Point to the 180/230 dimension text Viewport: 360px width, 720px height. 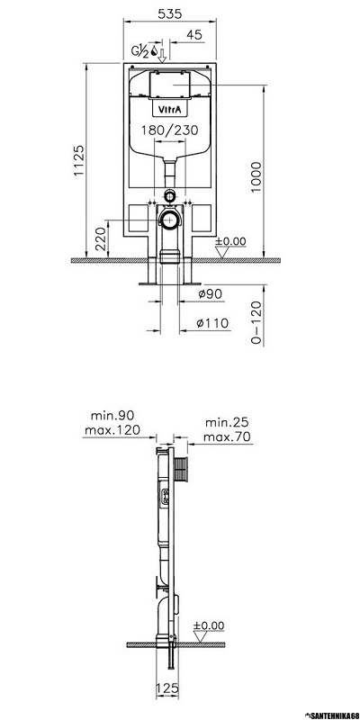[x=168, y=130]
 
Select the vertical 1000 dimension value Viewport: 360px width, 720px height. [x=258, y=175]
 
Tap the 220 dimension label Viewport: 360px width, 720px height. [x=101, y=238]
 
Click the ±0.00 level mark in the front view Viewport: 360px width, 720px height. [x=230, y=241]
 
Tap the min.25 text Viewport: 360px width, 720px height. [x=226, y=422]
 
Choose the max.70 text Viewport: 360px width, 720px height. [x=226, y=436]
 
